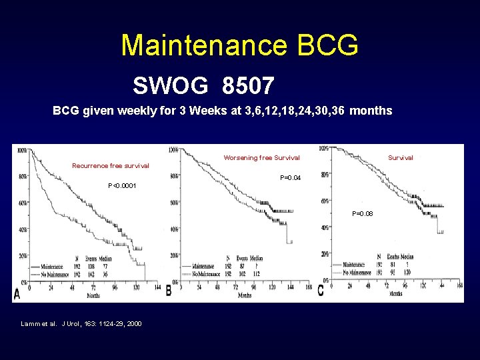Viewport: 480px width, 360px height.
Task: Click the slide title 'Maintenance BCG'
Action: [239, 45]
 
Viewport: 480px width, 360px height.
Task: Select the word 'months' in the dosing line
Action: [371, 111]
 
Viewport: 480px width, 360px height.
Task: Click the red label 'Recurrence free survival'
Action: [111, 165]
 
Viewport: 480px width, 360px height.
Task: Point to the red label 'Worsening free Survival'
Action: [261, 158]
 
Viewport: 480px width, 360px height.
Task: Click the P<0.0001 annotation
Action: [122, 186]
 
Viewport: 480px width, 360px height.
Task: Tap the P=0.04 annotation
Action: [291, 178]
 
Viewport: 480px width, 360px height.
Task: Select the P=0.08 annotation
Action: [363, 214]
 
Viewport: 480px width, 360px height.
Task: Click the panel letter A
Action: [17, 293]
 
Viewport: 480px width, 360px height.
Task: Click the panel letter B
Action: [169, 292]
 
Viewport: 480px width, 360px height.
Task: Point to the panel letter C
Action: [321, 291]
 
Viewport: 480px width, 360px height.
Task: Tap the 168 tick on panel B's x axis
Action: [309, 289]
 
